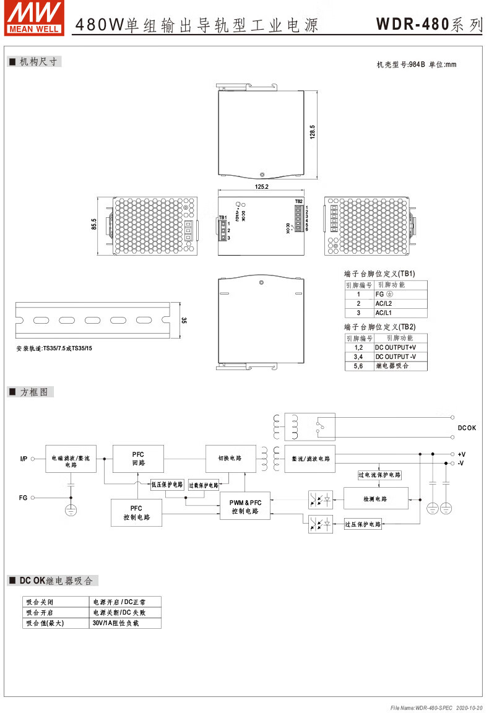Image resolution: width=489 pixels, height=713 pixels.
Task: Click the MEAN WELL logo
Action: point(34,17)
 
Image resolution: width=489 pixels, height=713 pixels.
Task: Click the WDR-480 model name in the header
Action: point(412,25)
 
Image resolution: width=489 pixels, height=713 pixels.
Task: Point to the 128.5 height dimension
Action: point(313,132)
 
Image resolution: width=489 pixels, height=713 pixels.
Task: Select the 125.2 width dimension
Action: point(261,186)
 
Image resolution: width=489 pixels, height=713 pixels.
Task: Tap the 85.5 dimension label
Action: point(94,224)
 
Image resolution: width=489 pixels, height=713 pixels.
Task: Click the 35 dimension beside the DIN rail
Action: point(183,321)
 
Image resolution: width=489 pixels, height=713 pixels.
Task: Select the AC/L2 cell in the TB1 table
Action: point(384,304)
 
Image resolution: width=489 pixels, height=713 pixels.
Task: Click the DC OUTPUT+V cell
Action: point(396,348)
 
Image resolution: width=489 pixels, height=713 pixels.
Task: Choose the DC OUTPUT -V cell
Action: point(396,356)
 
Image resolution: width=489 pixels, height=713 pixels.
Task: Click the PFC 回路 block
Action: point(137,459)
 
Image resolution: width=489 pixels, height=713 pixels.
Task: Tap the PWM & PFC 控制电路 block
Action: point(245,506)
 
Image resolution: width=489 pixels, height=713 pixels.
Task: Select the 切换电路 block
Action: point(230,459)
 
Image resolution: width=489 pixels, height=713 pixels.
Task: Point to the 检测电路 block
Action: point(375,499)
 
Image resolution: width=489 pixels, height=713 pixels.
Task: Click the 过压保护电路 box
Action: point(363,524)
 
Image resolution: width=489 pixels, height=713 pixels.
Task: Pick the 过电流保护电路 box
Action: point(379,475)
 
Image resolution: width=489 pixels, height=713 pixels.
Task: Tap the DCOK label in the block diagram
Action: point(467,428)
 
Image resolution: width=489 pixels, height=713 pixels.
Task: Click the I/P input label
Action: point(24,459)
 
